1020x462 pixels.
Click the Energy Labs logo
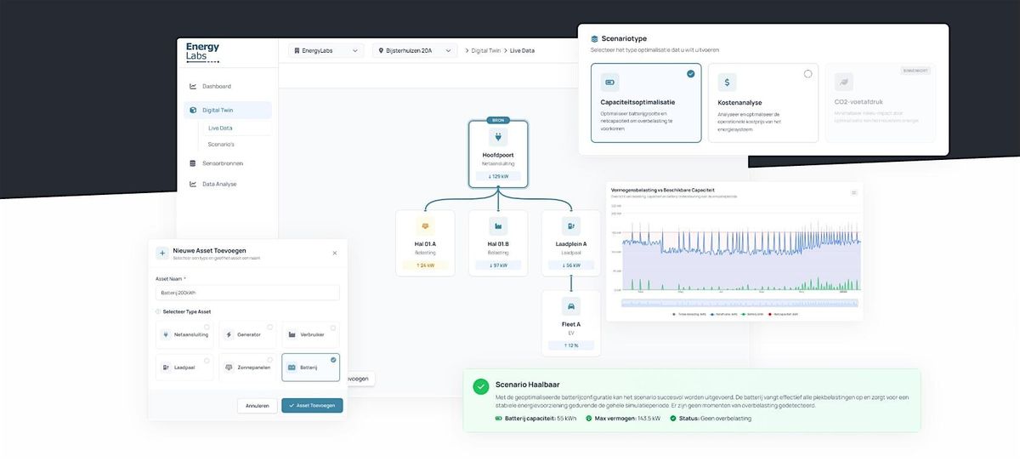pos(202,53)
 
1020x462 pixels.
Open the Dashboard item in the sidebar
pos(216,86)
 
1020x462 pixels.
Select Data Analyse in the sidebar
pos(219,184)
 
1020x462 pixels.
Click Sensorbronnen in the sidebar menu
pos(222,163)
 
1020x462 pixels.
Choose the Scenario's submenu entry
pos(221,144)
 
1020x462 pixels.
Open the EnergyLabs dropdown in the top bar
pos(326,51)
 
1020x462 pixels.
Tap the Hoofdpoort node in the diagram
pos(498,154)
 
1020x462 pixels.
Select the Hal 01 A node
pos(425,243)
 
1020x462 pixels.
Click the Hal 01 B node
pos(498,243)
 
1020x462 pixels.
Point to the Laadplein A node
pos(571,243)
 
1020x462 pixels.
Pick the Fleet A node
pos(571,323)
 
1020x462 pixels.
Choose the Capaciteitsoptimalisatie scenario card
pos(646,103)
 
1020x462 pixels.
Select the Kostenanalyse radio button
pos(807,74)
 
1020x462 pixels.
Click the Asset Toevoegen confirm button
pos(312,406)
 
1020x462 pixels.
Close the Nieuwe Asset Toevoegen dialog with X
pos(334,253)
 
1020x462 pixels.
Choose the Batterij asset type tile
pos(310,367)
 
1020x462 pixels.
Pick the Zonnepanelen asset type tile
pos(247,367)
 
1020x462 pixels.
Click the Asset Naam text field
pos(247,293)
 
